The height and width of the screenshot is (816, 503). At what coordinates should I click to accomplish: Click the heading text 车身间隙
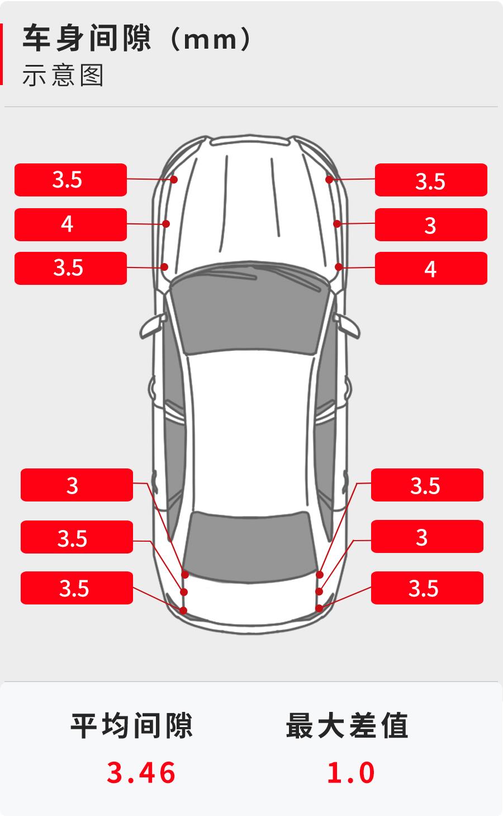click(87, 38)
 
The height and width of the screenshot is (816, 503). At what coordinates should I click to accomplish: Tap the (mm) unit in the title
click(210, 39)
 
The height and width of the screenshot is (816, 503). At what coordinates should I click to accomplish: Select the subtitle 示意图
click(63, 75)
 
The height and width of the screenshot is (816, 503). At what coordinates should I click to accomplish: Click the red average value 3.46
click(141, 773)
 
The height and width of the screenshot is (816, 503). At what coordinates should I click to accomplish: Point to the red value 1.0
click(350, 773)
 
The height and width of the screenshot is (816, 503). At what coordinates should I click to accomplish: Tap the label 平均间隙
click(131, 726)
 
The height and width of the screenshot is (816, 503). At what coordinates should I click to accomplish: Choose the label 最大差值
click(347, 726)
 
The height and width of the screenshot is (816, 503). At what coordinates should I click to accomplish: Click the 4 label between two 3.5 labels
click(70, 224)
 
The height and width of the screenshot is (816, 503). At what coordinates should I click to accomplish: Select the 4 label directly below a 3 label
click(431, 268)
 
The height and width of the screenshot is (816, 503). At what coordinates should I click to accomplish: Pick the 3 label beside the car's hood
click(431, 224)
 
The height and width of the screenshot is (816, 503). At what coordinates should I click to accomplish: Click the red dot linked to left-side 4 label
click(166, 224)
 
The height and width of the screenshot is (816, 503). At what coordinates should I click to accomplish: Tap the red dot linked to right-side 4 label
click(339, 267)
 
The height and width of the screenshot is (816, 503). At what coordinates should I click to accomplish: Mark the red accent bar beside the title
click(1, 54)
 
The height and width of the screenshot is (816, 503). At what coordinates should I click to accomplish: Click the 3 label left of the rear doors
click(77, 485)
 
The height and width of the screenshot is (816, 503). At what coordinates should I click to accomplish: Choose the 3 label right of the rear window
click(427, 536)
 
